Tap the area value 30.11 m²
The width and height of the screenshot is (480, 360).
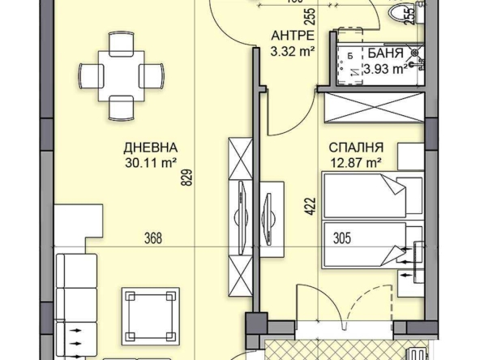click(x=152, y=162)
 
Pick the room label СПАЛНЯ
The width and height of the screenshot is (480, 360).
click(x=356, y=148)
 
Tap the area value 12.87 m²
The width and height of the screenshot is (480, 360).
click(x=356, y=163)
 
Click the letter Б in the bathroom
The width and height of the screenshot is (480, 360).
click(x=349, y=55)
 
